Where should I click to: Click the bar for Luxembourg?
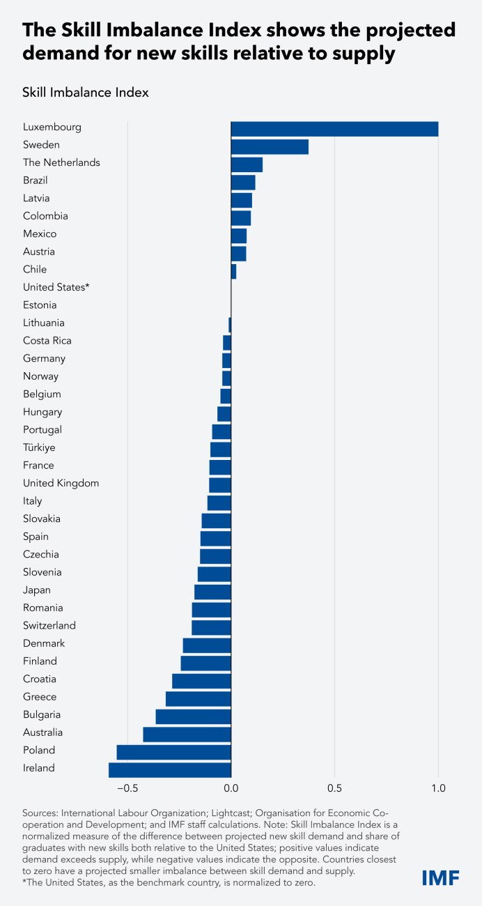tap(334, 129)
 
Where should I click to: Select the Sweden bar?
tap(270, 146)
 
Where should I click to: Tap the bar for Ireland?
tap(169, 769)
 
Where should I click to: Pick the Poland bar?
tap(173, 752)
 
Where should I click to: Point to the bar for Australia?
tap(187, 734)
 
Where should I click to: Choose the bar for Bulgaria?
tap(193, 716)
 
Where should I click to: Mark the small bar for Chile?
tap(233, 271)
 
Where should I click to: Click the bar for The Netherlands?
tap(247, 164)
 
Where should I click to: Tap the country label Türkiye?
tap(39, 447)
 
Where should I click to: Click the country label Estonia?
tap(40, 305)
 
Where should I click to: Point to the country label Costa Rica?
tap(47, 341)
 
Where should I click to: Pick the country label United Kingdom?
tap(61, 483)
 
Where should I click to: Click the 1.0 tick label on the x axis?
tap(437, 789)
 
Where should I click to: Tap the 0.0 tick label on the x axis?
tap(231, 789)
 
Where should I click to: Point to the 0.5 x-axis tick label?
tap(334, 789)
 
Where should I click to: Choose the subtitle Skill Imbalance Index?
tap(86, 92)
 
